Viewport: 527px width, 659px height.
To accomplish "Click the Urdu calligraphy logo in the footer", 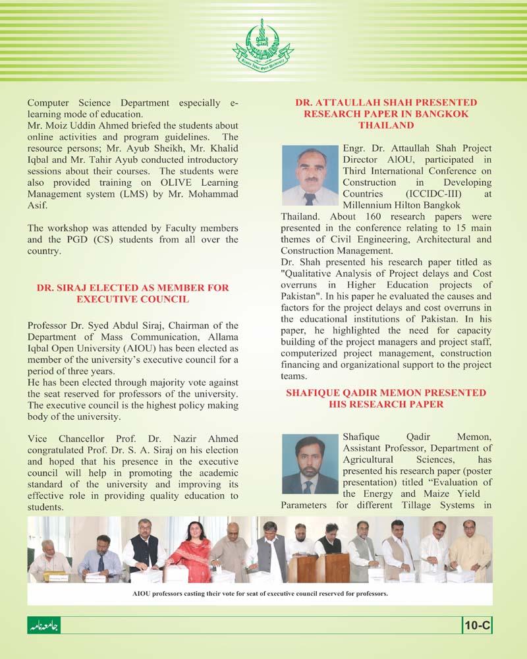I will (44, 625).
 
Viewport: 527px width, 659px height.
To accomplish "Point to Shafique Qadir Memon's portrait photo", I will (310, 465).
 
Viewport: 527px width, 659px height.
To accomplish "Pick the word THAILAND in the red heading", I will (385, 125).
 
